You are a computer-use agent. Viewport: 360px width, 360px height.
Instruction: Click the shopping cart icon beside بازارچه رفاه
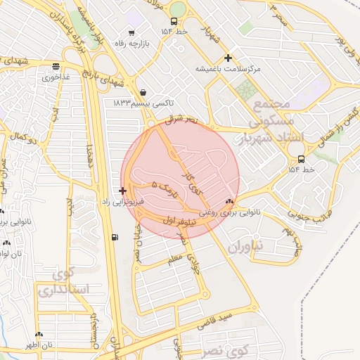click(131, 32)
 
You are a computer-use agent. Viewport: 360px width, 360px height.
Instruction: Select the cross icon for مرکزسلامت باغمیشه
click(227, 58)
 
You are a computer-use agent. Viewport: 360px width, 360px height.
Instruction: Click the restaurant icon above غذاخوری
click(55, 67)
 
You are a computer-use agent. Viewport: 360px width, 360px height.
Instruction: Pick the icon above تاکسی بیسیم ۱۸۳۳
click(143, 91)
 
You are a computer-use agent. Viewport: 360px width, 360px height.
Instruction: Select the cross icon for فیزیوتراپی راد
click(123, 191)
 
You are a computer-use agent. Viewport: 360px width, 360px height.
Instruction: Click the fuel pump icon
click(115, 237)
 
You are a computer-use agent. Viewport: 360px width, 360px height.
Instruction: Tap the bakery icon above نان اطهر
click(39, 335)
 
